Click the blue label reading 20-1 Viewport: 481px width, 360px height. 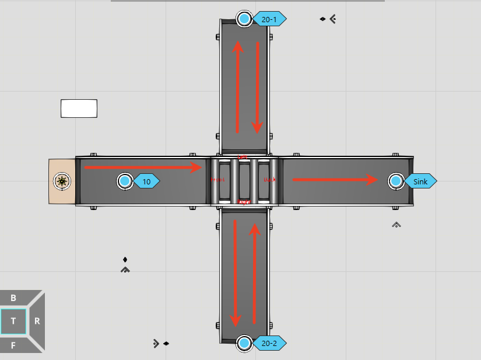tap(269, 19)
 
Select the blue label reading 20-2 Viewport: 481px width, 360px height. tap(269, 344)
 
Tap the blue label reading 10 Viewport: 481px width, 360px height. tap(147, 181)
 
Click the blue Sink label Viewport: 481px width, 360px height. tap(420, 181)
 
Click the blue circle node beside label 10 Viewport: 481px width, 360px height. tap(125, 181)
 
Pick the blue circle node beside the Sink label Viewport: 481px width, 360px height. tap(396, 181)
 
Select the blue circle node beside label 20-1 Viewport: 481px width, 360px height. tap(244, 19)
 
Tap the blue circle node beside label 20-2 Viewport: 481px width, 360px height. tap(244, 344)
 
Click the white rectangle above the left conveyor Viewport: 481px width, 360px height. tap(79, 109)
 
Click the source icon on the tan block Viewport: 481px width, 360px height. tap(62, 181)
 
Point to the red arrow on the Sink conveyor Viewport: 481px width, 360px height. tap(335, 180)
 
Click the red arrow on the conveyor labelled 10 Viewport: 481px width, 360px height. tap(142, 168)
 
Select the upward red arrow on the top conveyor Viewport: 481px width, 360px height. tap(237, 88)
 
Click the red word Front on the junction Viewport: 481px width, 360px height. tap(217, 180)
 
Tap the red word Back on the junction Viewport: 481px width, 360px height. tap(270, 180)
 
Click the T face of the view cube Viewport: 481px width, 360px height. tap(13, 321)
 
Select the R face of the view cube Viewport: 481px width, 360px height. tap(37, 321)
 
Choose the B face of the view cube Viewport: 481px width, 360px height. tap(13, 298)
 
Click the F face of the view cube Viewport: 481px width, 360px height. tap(13, 344)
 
